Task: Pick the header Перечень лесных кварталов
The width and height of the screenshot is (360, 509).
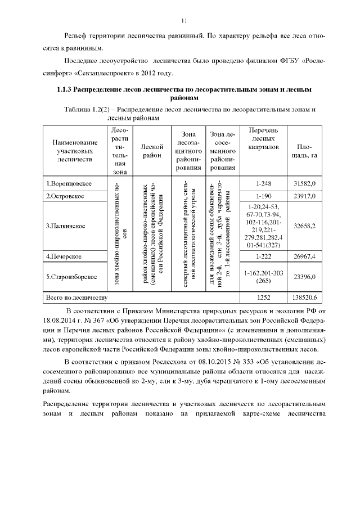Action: click(259, 139)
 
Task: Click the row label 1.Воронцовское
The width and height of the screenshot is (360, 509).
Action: click(69, 183)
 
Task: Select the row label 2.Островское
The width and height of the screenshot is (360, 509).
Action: click(66, 196)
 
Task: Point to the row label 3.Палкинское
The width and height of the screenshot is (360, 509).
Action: click(66, 226)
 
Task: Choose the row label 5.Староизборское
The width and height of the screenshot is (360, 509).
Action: click(71, 276)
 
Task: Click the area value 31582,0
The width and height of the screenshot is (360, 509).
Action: click(304, 183)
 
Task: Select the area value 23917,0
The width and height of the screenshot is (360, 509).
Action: click(304, 196)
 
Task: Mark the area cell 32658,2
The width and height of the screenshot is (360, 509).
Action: click(304, 226)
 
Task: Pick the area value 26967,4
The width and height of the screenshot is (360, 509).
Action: click(304, 256)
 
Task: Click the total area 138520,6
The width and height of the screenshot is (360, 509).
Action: click(304, 296)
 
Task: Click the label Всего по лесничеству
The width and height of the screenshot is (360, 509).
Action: click(76, 296)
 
